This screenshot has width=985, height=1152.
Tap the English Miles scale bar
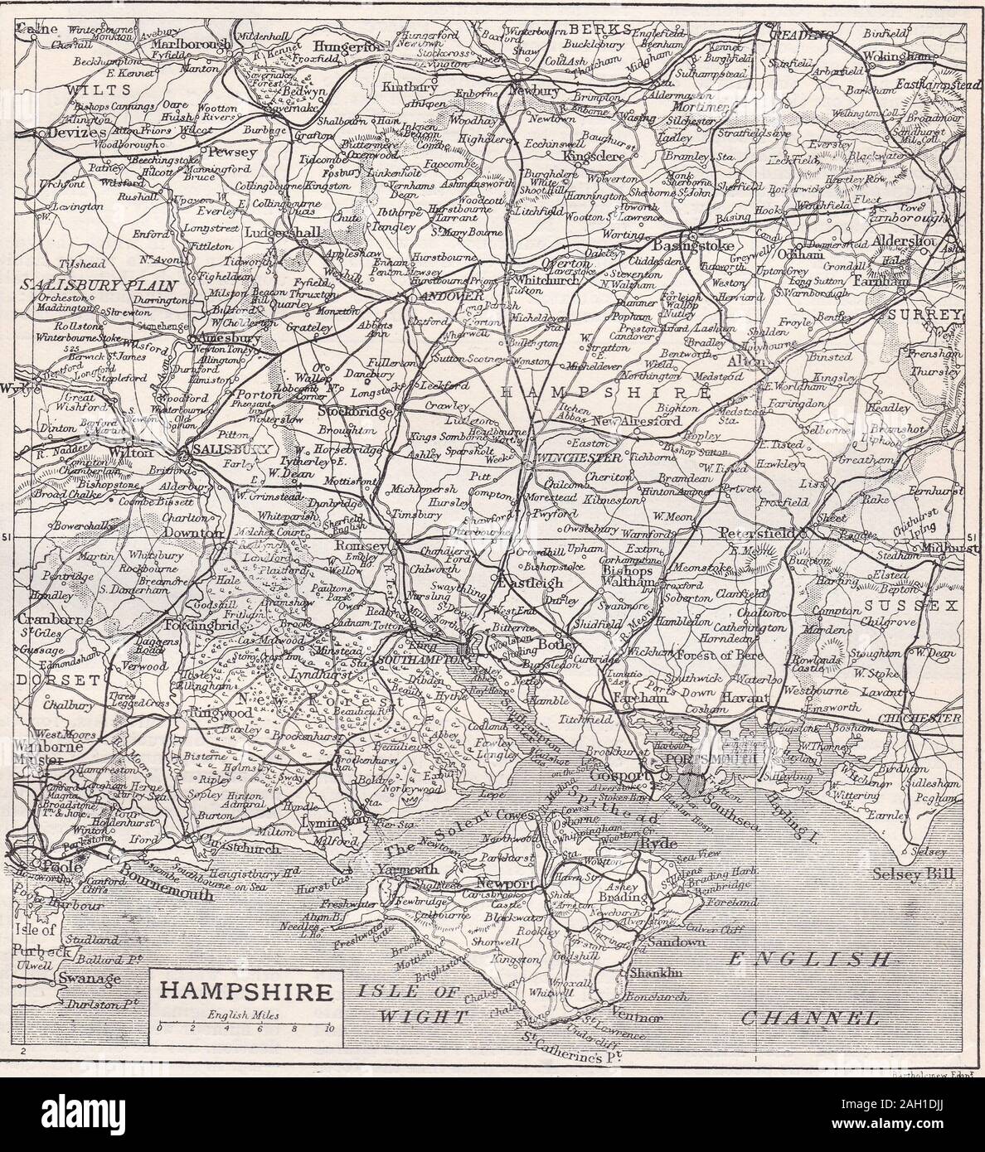pyautogui.click(x=242, y=1026)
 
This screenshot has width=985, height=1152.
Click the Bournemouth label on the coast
pyautogui.click(x=167, y=876)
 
